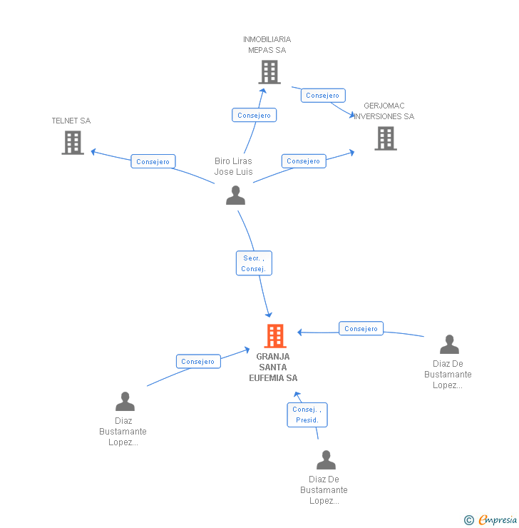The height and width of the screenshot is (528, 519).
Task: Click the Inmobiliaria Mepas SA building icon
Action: coord(269,72)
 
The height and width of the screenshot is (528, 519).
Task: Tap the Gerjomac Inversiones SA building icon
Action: coord(386,138)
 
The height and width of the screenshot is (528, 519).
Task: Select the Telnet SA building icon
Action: coord(73,143)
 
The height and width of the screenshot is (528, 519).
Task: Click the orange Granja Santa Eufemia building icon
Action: coord(274,336)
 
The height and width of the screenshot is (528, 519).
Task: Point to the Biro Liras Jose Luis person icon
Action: coord(235,196)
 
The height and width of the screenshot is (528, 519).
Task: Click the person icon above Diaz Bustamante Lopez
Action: coord(125,402)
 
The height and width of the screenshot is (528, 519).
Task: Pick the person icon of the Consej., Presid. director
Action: coord(326,460)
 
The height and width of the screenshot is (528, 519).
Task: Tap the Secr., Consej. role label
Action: coord(254,263)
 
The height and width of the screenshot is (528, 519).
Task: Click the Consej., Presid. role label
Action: coord(307,415)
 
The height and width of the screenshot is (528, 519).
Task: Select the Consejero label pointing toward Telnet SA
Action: coord(153,161)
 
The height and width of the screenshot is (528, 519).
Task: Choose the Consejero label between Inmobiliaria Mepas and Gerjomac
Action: coord(323,95)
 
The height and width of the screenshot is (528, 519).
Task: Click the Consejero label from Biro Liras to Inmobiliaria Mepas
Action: coord(254,115)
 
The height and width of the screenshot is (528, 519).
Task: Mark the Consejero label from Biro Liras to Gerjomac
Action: coord(303,161)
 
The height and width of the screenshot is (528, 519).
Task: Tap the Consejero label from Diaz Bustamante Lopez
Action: coord(197,361)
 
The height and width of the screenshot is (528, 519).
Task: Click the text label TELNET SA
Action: coord(71,121)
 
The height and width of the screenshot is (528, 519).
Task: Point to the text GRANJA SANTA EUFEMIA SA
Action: coord(273,367)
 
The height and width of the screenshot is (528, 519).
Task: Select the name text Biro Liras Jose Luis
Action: coord(234,166)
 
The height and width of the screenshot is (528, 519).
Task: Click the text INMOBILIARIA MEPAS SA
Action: coord(267,44)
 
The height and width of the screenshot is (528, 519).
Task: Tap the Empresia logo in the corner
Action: coord(497,519)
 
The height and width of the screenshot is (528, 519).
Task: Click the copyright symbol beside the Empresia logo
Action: coord(469,520)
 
